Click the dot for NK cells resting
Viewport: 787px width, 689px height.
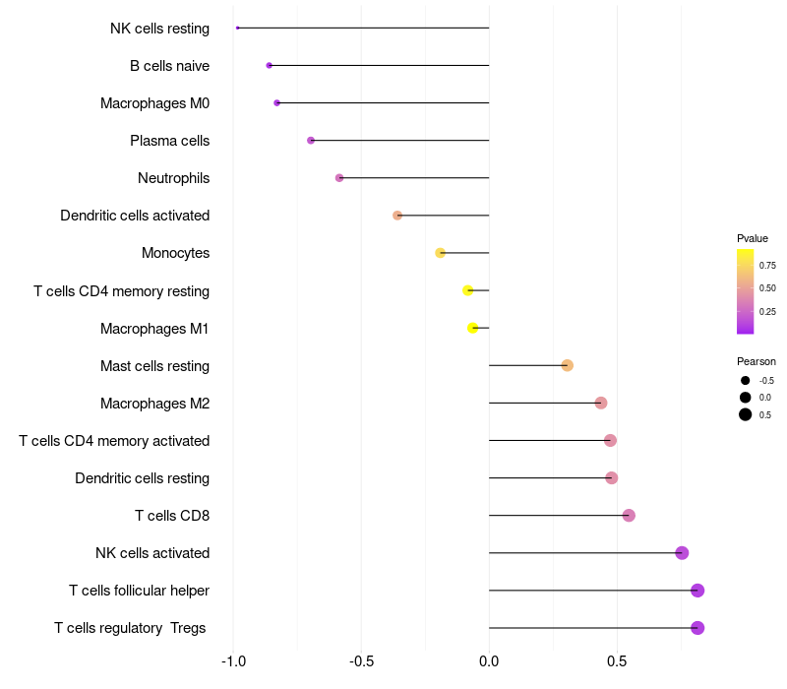click(x=238, y=28)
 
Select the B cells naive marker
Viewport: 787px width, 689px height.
click(x=269, y=65)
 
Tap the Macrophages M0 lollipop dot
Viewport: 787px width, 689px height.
click(x=276, y=102)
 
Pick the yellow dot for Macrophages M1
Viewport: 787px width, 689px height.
click(x=473, y=328)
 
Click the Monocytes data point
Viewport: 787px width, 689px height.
click(x=441, y=253)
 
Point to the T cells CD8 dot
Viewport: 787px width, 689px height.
click(x=629, y=515)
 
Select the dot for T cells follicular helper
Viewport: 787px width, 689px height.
click(x=697, y=591)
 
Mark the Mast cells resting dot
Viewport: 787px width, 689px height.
click(x=567, y=365)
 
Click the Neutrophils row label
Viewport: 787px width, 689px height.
click(x=173, y=178)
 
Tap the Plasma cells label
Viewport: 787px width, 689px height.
click(x=169, y=141)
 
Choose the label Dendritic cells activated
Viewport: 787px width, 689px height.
click(x=135, y=216)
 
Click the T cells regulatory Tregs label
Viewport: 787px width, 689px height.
click(x=130, y=628)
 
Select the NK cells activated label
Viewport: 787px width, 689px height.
click(x=152, y=553)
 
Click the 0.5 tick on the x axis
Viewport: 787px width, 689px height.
click(x=617, y=660)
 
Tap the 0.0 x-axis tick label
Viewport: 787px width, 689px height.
click(x=489, y=660)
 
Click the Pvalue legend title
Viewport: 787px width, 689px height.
click(x=753, y=238)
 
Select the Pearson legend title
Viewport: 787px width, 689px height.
click(x=757, y=361)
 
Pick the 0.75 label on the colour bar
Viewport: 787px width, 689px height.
click(x=767, y=265)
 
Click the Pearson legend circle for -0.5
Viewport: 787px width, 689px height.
click(x=746, y=380)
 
